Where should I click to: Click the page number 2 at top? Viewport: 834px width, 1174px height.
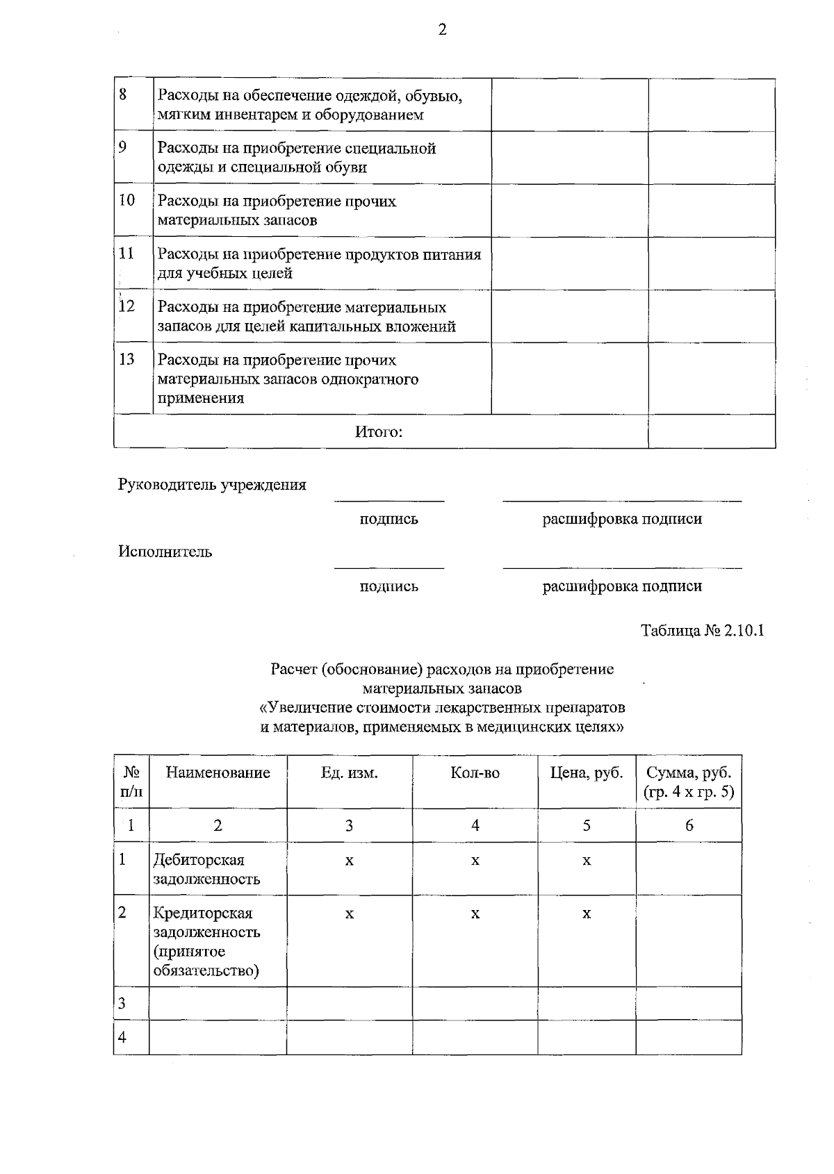pos(442,30)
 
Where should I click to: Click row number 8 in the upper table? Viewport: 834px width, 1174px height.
pos(123,94)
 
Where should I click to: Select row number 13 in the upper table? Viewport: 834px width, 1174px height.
pos(126,360)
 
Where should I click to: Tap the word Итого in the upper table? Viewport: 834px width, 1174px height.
pos(379,432)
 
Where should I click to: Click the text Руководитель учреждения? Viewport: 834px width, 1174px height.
pos(212,485)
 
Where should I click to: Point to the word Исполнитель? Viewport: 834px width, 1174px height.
pos(165,552)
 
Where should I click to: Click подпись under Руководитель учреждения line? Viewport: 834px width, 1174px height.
pos(389,519)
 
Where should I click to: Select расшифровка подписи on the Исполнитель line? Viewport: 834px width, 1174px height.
pos(621,586)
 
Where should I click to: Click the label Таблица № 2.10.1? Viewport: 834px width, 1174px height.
pos(702,631)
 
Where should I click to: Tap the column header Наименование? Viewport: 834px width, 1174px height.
pos(218,773)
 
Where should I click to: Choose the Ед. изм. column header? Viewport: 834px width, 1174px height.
pos(349,773)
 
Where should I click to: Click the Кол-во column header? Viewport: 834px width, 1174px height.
pos(475,773)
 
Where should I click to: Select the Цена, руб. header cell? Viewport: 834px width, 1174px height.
pos(586,773)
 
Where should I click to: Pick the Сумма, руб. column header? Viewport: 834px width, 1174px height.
pos(688,782)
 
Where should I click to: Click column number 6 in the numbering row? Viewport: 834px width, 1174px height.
pos(689,825)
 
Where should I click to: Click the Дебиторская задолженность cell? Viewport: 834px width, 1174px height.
pos(206,869)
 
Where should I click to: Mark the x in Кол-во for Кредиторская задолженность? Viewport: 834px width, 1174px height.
pos(475,913)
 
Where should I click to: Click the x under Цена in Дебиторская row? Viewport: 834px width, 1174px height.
pos(586,861)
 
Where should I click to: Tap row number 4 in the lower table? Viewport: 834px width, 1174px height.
pos(122,1038)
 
